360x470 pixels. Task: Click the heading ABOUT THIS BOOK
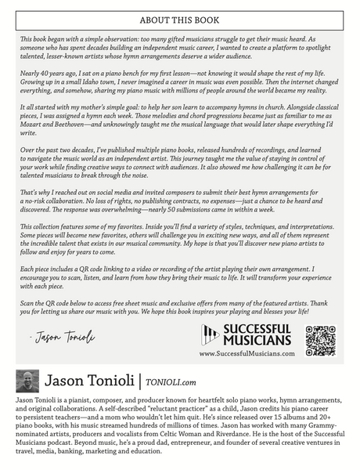point(179,20)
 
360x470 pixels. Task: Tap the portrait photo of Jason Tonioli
point(27,381)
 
